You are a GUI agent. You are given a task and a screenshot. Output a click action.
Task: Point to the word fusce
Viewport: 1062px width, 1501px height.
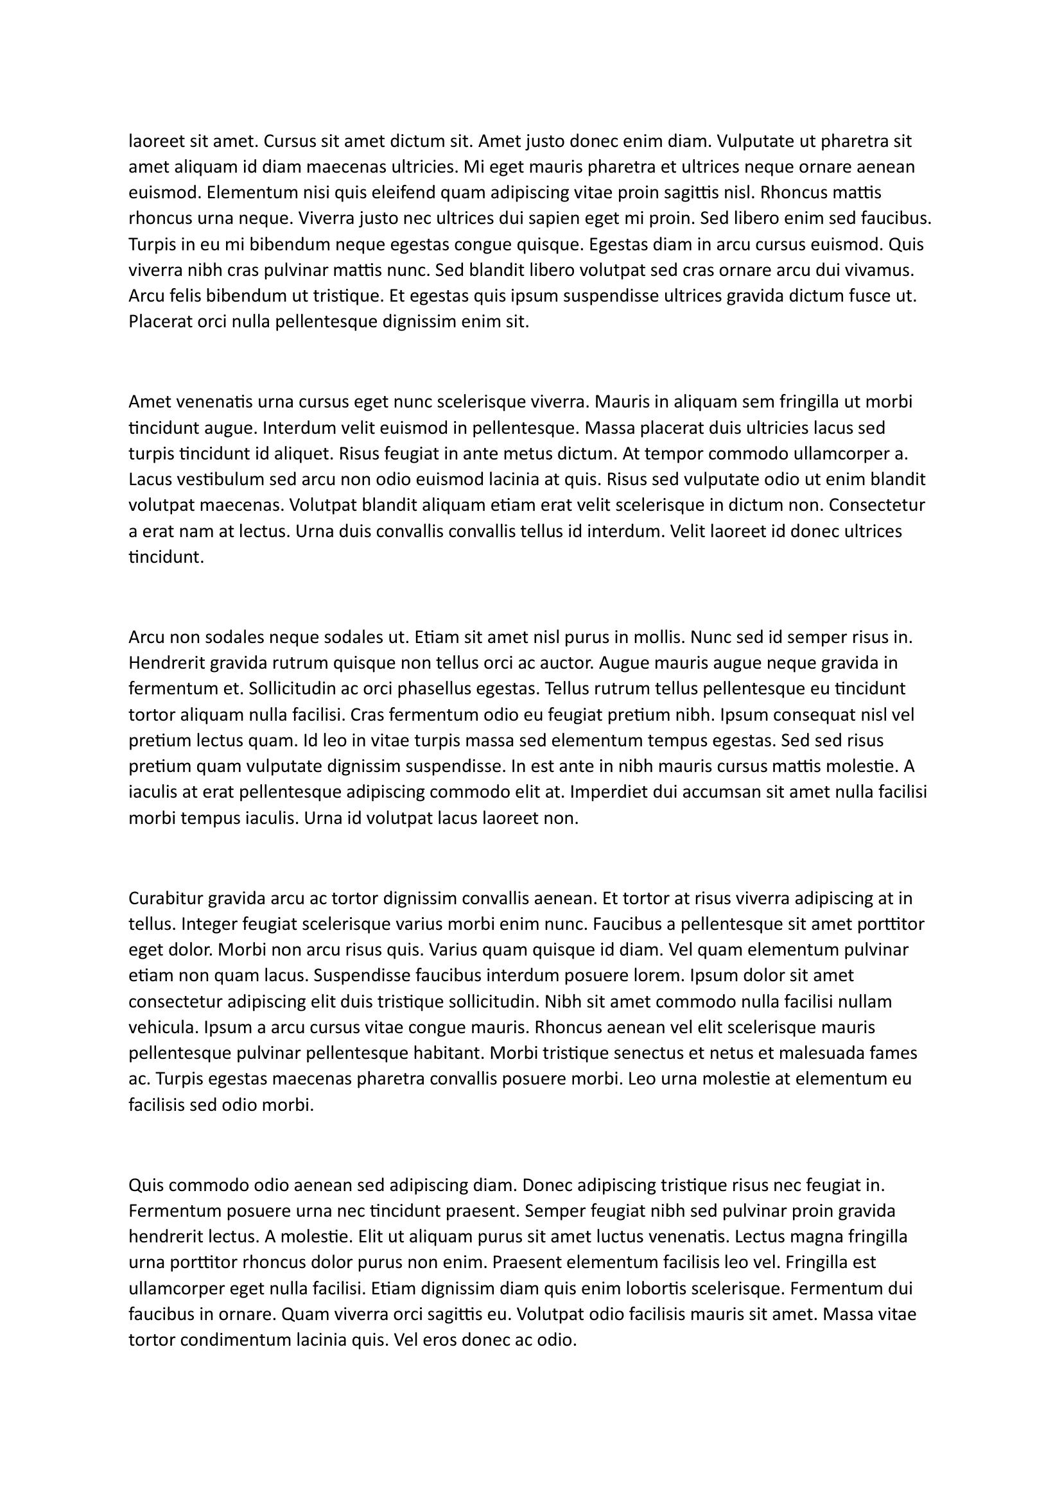(x=868, y=297)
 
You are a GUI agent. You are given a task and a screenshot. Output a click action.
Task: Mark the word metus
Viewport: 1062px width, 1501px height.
(x=539, y=454)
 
